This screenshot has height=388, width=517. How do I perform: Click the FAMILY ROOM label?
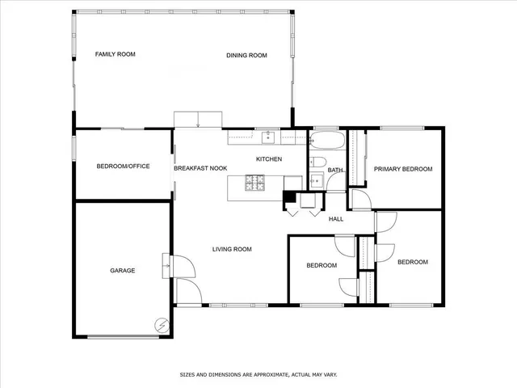115,54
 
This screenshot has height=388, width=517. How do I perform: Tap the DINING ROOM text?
246,55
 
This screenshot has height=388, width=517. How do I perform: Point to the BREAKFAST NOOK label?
200,168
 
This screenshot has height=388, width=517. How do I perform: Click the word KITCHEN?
269,159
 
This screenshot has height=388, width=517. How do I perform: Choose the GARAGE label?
123,270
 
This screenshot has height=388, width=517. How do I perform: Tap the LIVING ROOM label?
233,249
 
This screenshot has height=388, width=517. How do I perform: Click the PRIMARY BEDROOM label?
402,169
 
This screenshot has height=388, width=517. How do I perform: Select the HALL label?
336,218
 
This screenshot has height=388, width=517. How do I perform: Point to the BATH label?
335,170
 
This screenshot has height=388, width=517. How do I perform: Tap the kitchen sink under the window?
267,137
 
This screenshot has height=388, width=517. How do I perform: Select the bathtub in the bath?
327,142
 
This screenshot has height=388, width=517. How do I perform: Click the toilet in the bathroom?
317,164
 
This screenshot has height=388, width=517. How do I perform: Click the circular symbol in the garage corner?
161,325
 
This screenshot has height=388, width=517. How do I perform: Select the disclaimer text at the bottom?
258,374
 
